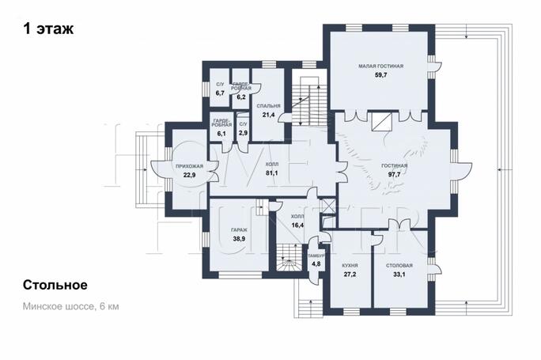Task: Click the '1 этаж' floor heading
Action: coord(48,28)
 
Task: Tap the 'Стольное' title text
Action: coord(55,285)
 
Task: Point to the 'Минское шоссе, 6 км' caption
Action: coord(71,306)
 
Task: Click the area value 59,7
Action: coord(380,74)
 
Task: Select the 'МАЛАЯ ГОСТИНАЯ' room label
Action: coord(380,66)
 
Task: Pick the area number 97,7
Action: coord(395,174)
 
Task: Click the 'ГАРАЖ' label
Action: coord(239,230)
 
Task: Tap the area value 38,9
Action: coord(239,238)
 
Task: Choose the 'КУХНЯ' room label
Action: coord(350,266)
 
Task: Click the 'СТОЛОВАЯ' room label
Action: coord(399,266)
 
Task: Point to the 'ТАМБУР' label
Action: coord(316,256)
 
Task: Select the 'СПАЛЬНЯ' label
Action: coord(269,106)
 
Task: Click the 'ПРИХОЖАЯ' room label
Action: coord(189,166)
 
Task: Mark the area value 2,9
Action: coord(244,133)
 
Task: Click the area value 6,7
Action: coord(220,93)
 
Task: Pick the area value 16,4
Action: coord(297,225)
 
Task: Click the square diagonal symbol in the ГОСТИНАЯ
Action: coord(381,122)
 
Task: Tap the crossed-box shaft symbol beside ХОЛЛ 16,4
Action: coord(328,207)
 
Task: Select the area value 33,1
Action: coord(399,275)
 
